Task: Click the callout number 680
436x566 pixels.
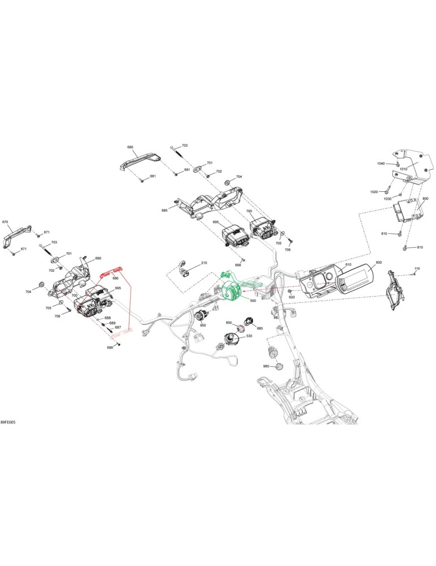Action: (130, 147)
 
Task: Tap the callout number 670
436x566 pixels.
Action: (5, 222)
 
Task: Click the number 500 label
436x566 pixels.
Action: (253, 300)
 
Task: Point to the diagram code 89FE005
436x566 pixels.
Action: (8, 422)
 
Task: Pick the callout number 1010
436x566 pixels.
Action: (403, 169)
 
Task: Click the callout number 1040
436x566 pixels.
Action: (381, 164)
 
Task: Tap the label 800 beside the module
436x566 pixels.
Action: (425, 199)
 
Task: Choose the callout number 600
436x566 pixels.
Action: (378, 263)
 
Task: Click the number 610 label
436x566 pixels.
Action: (348, 264)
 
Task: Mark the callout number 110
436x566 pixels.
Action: (417, 268)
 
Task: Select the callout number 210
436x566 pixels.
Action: (204, 263)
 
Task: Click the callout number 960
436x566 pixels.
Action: (266, 366)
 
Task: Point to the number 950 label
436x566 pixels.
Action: (202, 325)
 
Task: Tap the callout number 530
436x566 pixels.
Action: (249, 336)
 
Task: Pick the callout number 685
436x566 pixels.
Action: (165, 210)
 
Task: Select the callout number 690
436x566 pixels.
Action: (98, 259)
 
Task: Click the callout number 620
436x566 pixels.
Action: (291, 297)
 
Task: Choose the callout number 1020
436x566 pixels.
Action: (374, 192)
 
